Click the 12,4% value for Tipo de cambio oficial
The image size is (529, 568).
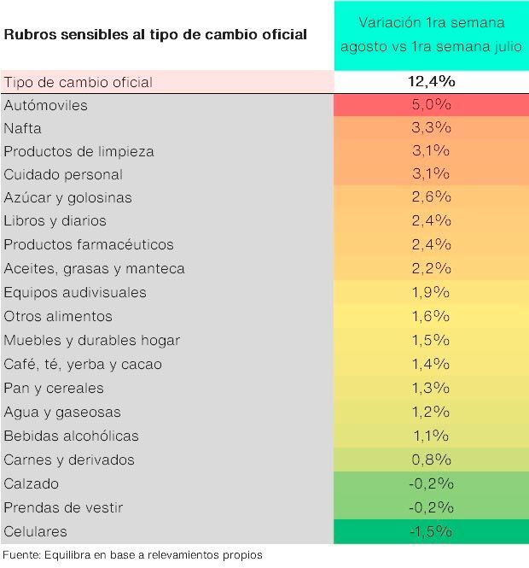click(x=430, y=82)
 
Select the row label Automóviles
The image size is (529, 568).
click(x=57, y=105)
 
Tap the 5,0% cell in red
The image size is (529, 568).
click(x=430, y=105)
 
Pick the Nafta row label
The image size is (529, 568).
click(x=23, y=128)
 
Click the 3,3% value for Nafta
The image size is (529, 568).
click(x=430, y=128)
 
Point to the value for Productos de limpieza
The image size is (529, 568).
click(x=430, y=151)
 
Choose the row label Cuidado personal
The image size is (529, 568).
click(x=63, y=174)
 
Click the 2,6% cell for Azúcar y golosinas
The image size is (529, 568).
click(x=430, y=197)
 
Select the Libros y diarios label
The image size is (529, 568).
click(x=55, y=220)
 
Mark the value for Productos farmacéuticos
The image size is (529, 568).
click(x=430, y=244)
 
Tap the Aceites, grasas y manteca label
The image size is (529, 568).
click(x=94, y=268)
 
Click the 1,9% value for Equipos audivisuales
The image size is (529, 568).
click(x=430, y=292)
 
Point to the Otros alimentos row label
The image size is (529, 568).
click(x=57, y=316)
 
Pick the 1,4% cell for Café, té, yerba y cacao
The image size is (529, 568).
click(x=430, y=364)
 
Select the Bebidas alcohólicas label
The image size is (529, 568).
click(x=71, y=436)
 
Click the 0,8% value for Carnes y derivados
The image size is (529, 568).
click(x=430, y=460)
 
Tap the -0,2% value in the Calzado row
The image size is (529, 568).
click(x=430, y=483)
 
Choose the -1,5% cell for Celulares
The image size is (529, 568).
click(x=430, y=531)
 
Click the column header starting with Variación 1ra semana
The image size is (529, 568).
click(x=430, y=34)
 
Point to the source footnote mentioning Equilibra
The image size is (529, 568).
click(x=131, y=555)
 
